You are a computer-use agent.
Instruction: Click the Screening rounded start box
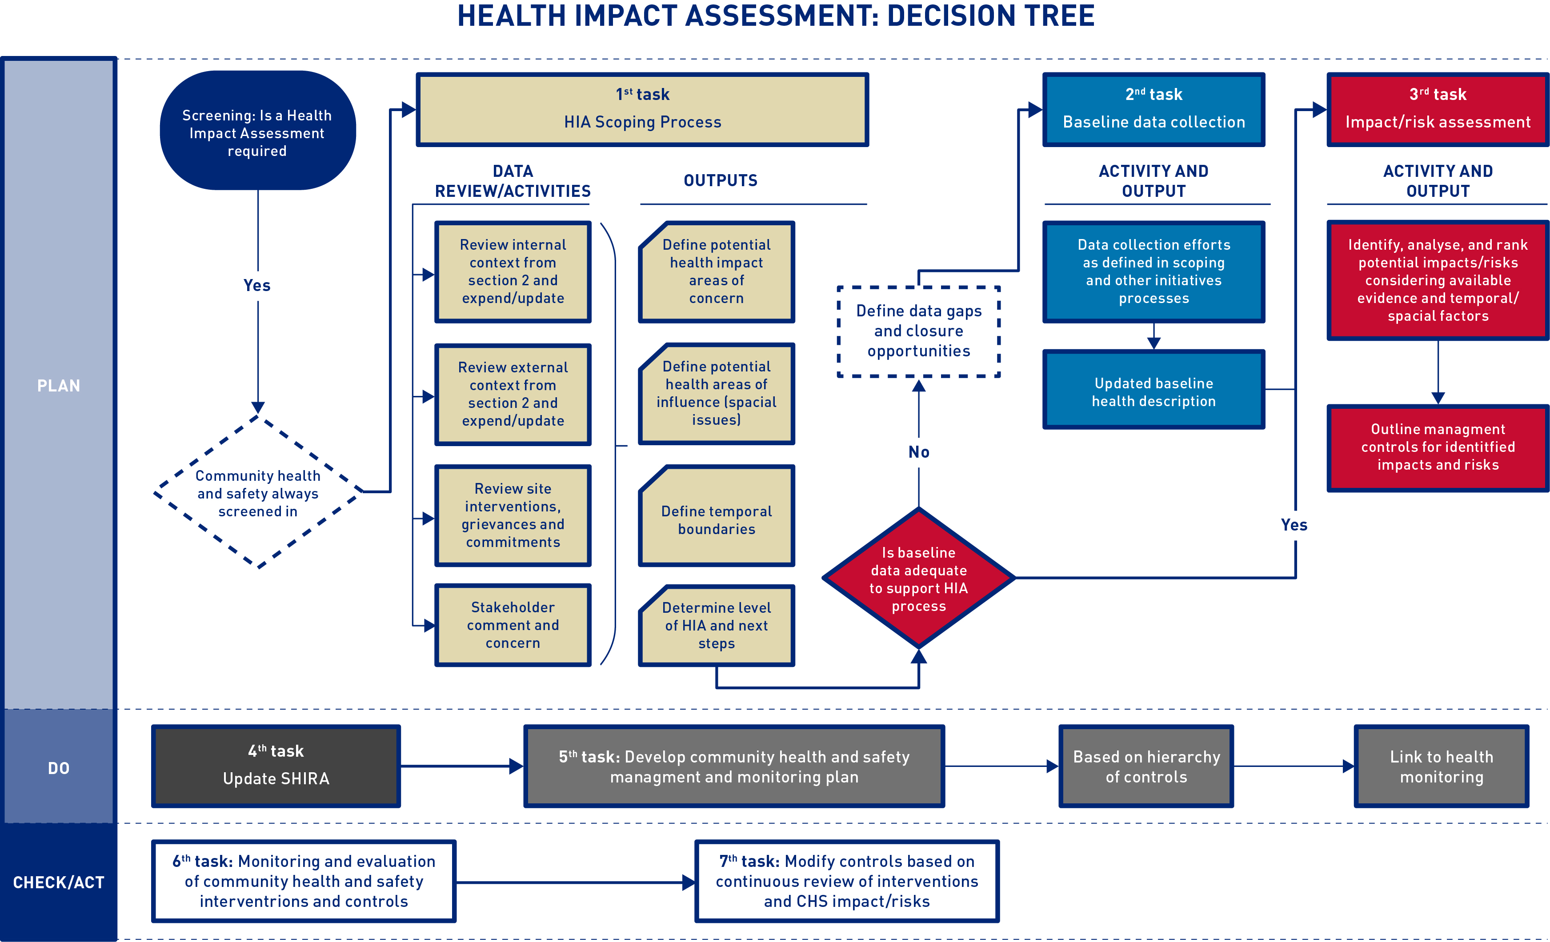pos(258,130)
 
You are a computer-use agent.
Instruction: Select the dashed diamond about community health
pos(258,492)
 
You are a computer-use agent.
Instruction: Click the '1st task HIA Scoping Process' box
pos(642,109)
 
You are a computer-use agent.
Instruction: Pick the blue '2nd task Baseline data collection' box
pos(1153,109)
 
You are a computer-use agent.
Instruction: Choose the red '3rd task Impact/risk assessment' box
pos(1438,109)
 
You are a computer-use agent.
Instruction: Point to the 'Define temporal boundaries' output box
pos(717,515)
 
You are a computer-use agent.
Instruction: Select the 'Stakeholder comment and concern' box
pos(513,625)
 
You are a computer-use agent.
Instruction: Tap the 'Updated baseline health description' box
pos(1153,390)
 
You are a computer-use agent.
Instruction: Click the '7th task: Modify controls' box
pos(847,881)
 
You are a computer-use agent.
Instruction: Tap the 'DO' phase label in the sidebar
pos(59,768)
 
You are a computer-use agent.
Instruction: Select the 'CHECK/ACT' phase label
pos(59,883)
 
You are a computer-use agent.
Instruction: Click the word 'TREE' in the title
pos(1053,16)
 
